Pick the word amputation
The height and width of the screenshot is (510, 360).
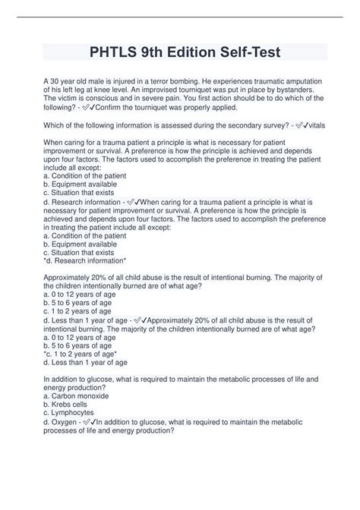pos(297,80)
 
